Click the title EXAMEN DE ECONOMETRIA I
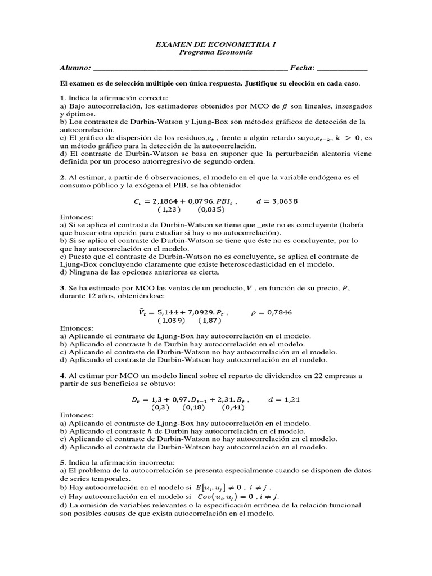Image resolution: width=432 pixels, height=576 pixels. pos(216,43)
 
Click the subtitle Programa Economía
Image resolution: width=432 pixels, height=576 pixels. pos(216,52)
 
